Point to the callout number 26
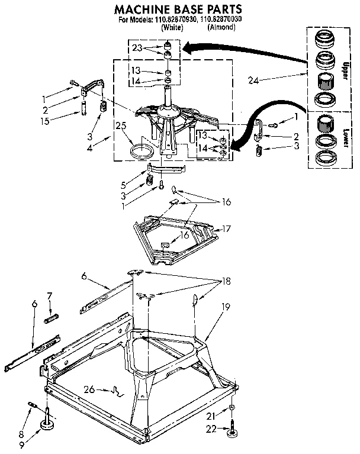pyautogui.click(x=89, y=389)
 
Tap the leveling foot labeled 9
pyautogui.click(x=46, y=426)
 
